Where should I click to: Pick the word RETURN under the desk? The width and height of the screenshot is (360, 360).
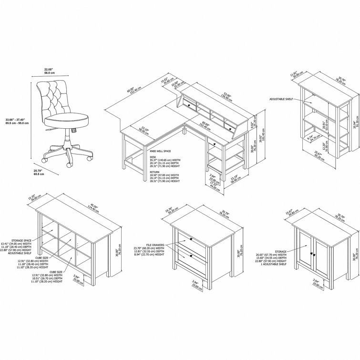click(154, 172)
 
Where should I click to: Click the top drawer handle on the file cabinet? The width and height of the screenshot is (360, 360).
click(191, 238)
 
